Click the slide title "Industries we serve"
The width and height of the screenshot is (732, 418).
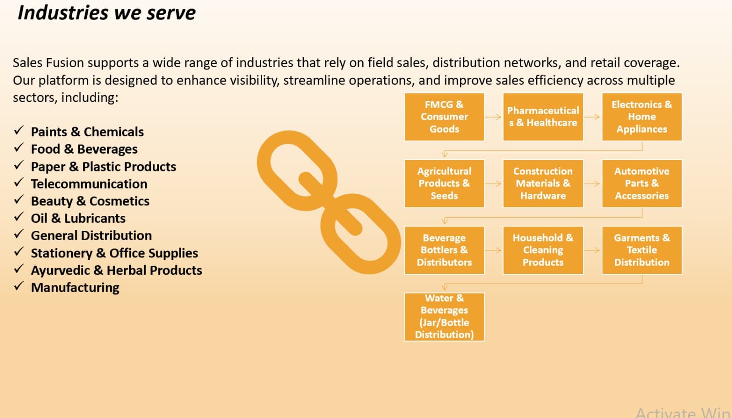click(x=107, y=13)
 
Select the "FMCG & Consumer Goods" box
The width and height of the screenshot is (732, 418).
click(x=444, y=117)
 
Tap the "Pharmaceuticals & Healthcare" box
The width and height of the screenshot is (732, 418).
click(x=543, y=117)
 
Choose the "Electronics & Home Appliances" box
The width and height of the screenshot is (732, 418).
click(x=642, y=117)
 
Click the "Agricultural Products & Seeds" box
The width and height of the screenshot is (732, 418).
click(x=444, y=183)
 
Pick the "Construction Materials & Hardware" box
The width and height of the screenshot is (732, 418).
click(x=543, y=183)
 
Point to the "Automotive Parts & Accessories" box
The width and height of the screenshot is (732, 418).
click(x=642, y=183)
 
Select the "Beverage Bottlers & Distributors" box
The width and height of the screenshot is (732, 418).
click(x=444, y=250)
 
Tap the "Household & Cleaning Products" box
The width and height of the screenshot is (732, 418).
click(x=543, y=250)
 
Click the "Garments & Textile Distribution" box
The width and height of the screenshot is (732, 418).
click(x=642, y=250)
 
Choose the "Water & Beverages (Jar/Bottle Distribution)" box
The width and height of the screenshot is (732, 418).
click(x=444, y=317)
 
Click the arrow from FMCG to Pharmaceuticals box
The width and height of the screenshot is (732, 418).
click(x=494, y=117)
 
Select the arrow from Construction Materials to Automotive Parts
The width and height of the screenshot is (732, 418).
click(x=592, y=183)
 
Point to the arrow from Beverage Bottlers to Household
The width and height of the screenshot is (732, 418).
click(x=494, y=250)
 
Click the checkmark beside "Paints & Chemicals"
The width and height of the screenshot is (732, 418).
click(x=19, y=130)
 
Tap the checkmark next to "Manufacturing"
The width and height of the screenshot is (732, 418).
click(x=19, y=286)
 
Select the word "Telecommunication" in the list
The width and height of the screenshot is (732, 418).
click(x=89, y=184)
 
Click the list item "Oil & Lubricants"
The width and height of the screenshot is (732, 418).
click(x=78, y=218)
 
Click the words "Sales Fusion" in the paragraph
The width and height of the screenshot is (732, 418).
click(x=48, y=63)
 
